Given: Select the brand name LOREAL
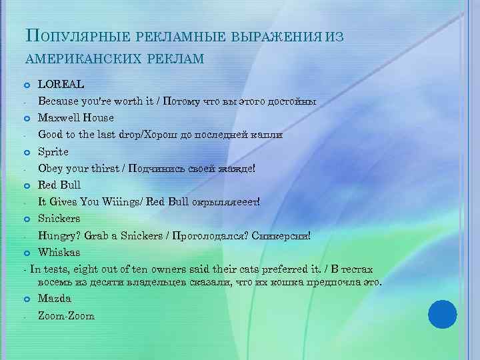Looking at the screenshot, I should point(61,85).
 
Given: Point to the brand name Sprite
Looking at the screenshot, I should point(53,151).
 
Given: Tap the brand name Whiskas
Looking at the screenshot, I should point(59,252).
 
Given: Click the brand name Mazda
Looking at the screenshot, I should point(55,299).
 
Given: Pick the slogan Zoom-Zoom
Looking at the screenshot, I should point(66,315).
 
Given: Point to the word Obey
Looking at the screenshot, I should point(51,168).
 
